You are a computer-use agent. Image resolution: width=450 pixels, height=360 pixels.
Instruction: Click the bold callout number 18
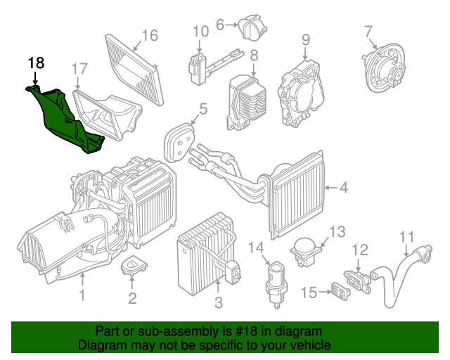[x=36, y=63]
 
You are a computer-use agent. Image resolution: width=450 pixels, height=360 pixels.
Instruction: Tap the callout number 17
[x=79, y=69]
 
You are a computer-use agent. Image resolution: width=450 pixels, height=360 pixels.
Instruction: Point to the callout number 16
[x=150, y=36]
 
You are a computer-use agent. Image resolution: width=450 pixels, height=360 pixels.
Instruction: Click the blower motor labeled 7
[x=383, y=68]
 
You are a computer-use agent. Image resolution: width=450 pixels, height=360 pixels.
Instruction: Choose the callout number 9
[x=306, y=39]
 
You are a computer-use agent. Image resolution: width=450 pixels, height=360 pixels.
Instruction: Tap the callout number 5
[x=203, y=110]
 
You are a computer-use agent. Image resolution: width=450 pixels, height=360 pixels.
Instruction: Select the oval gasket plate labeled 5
[x=179, y=143]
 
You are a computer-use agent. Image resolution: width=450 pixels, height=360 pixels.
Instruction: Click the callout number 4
[x=344, y=188]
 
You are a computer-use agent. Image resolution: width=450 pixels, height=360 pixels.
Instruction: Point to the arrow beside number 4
[x=331, y=188]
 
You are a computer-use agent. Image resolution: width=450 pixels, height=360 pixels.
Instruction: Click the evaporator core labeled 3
[x=206, y=254]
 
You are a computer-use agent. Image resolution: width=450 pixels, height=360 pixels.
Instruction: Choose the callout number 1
[x=82, y=295]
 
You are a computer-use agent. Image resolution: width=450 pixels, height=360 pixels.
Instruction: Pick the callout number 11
[x=407, y=237]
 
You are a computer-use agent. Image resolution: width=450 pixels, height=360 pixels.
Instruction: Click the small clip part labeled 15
[x=340, y=291]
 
